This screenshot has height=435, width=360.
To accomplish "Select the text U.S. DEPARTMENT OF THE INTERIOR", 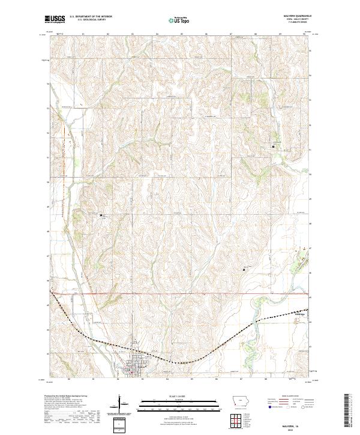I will point(91,17).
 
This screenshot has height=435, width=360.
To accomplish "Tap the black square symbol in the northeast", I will point(274,146).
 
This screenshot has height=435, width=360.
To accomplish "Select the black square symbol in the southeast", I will point(244,269).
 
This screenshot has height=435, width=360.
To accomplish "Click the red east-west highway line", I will point(180,293).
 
